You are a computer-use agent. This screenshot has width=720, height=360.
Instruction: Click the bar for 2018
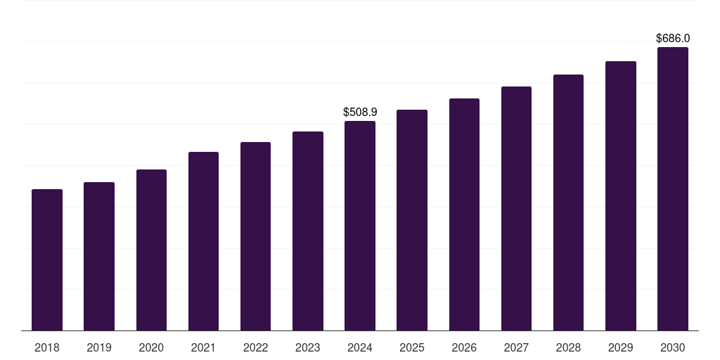47,260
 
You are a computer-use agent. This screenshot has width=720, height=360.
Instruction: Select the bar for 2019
99,256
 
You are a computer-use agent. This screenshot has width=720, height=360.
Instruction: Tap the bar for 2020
152,250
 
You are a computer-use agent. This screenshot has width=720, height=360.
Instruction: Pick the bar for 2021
203,241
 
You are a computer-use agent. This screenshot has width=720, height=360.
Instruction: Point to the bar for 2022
255,236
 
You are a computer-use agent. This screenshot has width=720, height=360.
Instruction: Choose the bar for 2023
308,231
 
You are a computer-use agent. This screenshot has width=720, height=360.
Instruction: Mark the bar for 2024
360,226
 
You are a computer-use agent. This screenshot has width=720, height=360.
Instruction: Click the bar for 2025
412,220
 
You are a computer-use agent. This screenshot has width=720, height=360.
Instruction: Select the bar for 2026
464,214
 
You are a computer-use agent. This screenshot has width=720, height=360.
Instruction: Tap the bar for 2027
516,208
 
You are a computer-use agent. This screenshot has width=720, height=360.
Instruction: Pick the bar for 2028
568,202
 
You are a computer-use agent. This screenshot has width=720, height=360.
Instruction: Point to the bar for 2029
621,195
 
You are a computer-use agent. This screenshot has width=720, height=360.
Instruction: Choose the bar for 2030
673,188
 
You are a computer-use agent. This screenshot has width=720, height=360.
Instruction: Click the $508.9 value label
360,112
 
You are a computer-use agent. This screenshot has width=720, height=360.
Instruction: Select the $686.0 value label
673,38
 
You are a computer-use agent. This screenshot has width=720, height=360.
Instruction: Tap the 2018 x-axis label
47,347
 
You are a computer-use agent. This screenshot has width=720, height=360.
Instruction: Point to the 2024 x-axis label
360,347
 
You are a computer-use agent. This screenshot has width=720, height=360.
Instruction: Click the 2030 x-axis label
673,347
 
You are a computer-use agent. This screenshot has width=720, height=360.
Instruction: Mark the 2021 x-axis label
203,347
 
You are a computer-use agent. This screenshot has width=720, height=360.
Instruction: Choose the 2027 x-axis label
516,347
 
